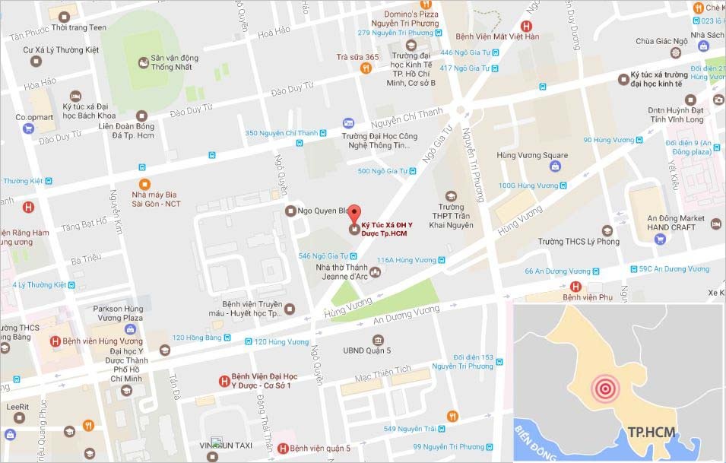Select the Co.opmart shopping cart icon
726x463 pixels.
click(29, 128)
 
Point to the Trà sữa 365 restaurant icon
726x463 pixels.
click(366, 68)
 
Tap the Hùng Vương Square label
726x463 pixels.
click(531, 155)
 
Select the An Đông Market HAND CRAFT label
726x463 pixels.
click(677, 223)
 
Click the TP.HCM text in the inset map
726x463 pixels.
click(651, 433)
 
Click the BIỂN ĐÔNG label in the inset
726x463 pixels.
click(537, 439)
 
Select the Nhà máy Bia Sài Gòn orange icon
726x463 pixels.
click(144, 183)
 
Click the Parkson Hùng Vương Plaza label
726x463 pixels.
click(118, 313)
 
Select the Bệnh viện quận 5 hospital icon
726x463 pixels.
click(284, 448)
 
